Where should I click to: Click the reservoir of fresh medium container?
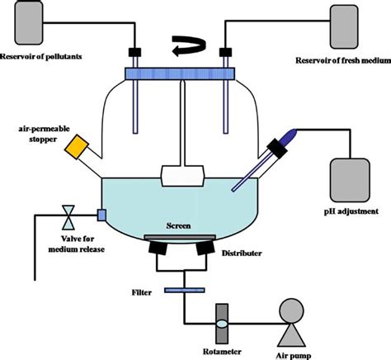351,26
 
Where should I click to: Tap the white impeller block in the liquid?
182,175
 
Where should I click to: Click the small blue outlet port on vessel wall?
101,216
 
